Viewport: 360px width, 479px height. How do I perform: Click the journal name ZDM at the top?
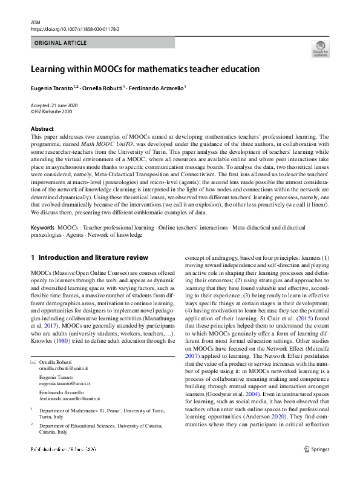pyautogui.click(x=35, y=22)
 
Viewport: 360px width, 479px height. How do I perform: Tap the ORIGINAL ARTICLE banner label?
pyautogui.click(x=61, y=43)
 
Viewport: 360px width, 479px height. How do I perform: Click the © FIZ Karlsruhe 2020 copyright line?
pyautogui.click(x=51, y=111)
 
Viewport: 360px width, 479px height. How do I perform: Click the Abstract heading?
pyautogui.click(x=42, y=128)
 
